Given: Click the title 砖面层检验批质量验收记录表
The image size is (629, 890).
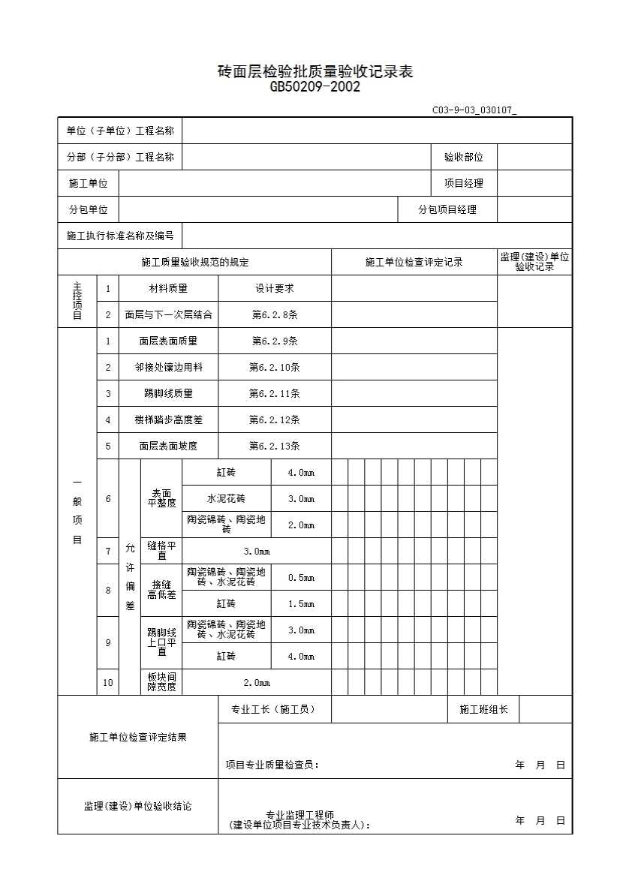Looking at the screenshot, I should pos(314,72).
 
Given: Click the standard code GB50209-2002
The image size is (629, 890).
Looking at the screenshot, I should pos(314,87).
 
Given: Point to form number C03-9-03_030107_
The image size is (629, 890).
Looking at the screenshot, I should pos(474,110).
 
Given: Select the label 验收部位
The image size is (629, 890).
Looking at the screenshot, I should pos(463,157).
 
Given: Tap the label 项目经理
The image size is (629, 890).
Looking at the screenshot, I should pos(463,183).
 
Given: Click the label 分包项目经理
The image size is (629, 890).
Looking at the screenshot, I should pos(447,210).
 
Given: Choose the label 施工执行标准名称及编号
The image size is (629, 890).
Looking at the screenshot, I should pos(120,236).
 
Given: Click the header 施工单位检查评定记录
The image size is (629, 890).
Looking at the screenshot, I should pos(414,262).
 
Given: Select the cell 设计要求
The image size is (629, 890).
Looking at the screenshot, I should pos(274,288).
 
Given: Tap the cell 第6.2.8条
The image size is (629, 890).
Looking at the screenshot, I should pos(274,314).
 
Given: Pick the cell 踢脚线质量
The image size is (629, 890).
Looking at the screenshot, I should pos(168,393).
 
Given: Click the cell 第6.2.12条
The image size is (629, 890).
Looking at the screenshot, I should pos(274,419).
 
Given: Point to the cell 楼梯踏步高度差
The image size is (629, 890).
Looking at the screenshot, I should pos(168,419).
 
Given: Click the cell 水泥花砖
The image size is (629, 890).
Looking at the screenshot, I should pos(226,498).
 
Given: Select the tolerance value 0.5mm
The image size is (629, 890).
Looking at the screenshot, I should pos(301,577).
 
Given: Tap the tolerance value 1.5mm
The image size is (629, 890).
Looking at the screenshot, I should pos(301,603).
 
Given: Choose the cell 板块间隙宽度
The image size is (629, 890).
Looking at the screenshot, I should pos(161,682).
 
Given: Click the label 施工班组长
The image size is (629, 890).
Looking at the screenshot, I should pos(483,709).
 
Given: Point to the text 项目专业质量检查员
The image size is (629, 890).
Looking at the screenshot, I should pos(272,765).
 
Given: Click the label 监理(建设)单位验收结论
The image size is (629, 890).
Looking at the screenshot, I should pos(137,806).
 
